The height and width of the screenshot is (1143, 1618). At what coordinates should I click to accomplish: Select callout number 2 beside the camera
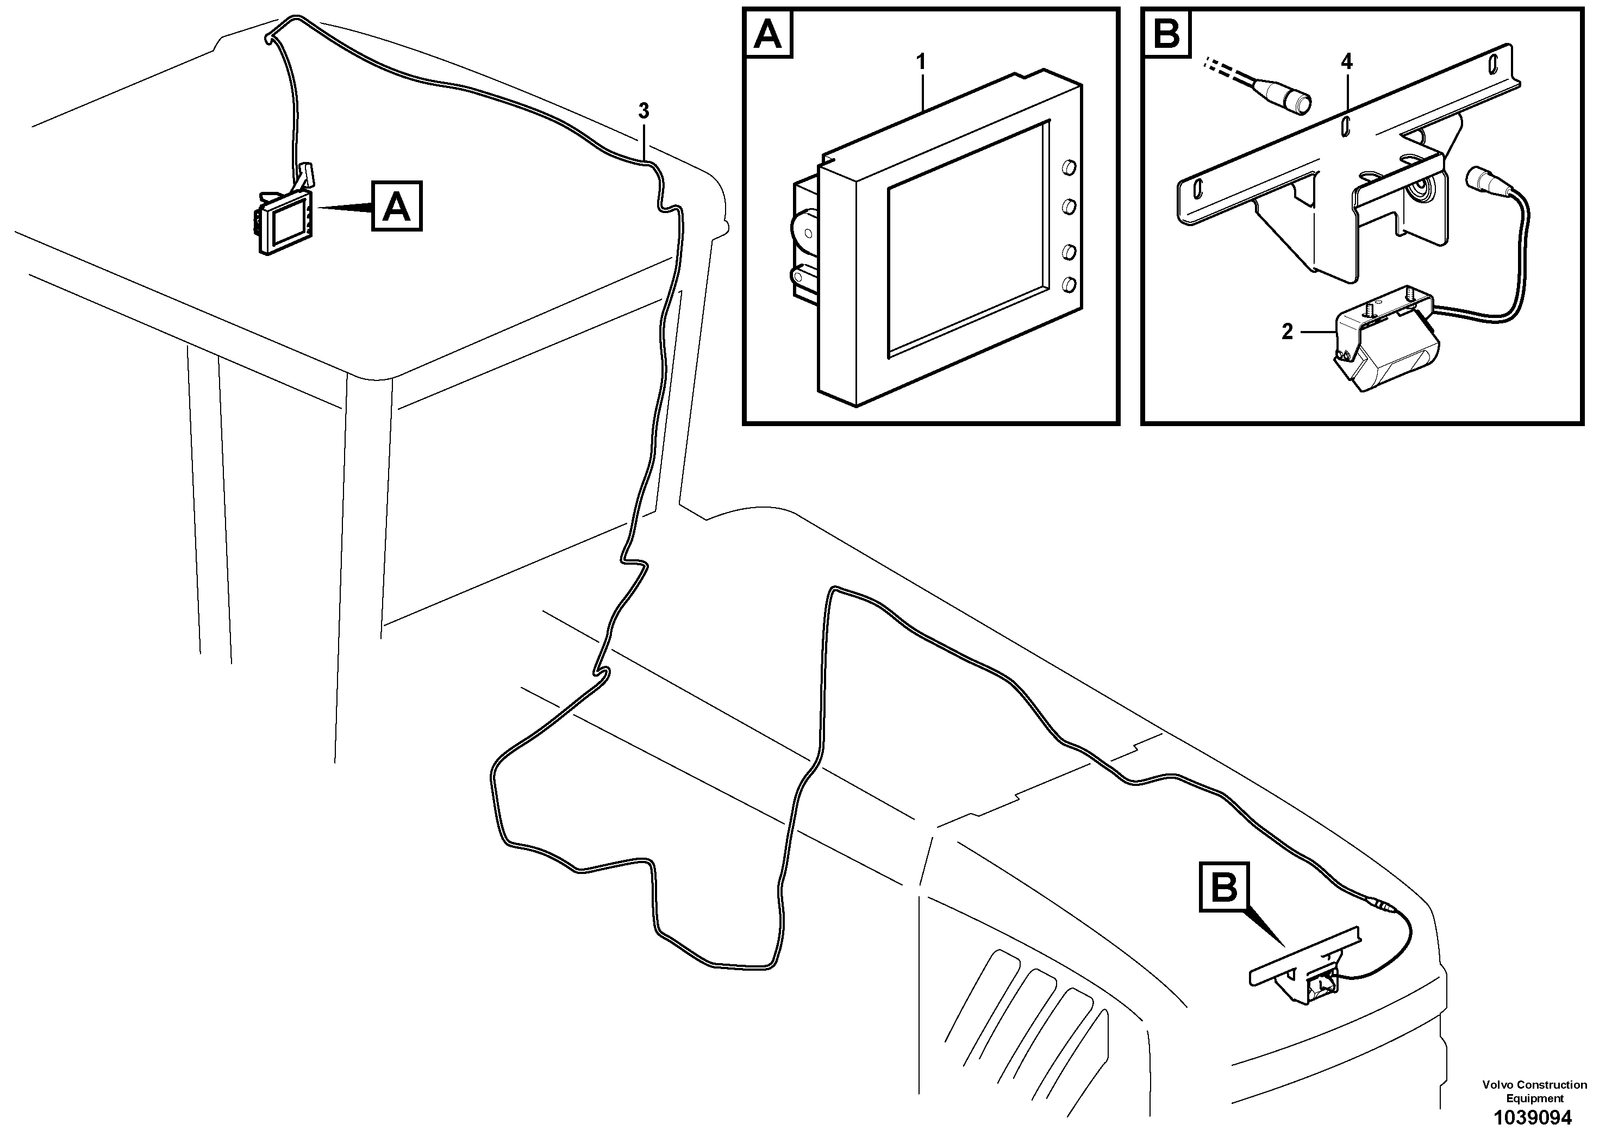pyautogui.click(x=1287, y=332)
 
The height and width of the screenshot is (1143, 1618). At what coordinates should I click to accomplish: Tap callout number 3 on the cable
pyautogui.click(x=643, y=111)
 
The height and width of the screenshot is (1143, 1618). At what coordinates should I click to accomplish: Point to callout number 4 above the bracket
pyautogui.click(x=1347, y=61)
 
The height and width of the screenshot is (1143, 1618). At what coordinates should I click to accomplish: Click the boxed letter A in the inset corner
pyautogui.click(x=768, y=34)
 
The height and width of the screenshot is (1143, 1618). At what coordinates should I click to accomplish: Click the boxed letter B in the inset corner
pyautogui.click(x=1167, y=34)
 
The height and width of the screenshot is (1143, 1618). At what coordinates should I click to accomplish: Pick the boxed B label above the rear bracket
pyautogui.click(x=1223, y=889)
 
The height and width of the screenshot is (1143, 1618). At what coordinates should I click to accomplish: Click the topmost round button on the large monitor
pyautogui.click(x=1069, y=168)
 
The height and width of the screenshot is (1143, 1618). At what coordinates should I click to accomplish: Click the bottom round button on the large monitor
pyautogui.click(x=1069, y=284)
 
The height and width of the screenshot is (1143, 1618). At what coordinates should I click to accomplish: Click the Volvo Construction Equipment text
pyautogui.click(x=1534, y=1091)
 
